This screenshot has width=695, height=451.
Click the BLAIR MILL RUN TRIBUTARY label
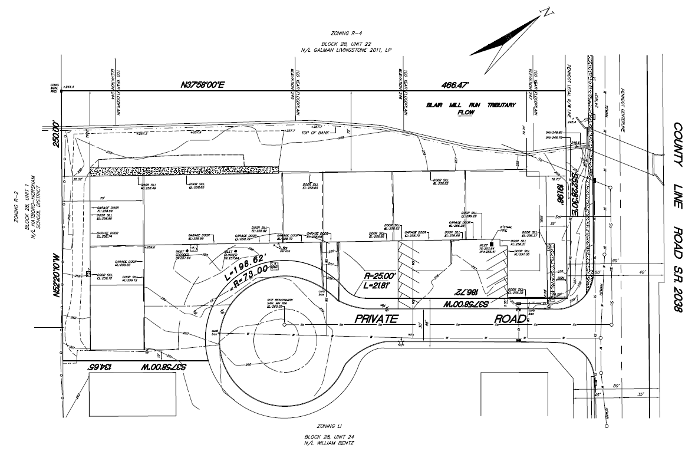[x=471, y=105]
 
